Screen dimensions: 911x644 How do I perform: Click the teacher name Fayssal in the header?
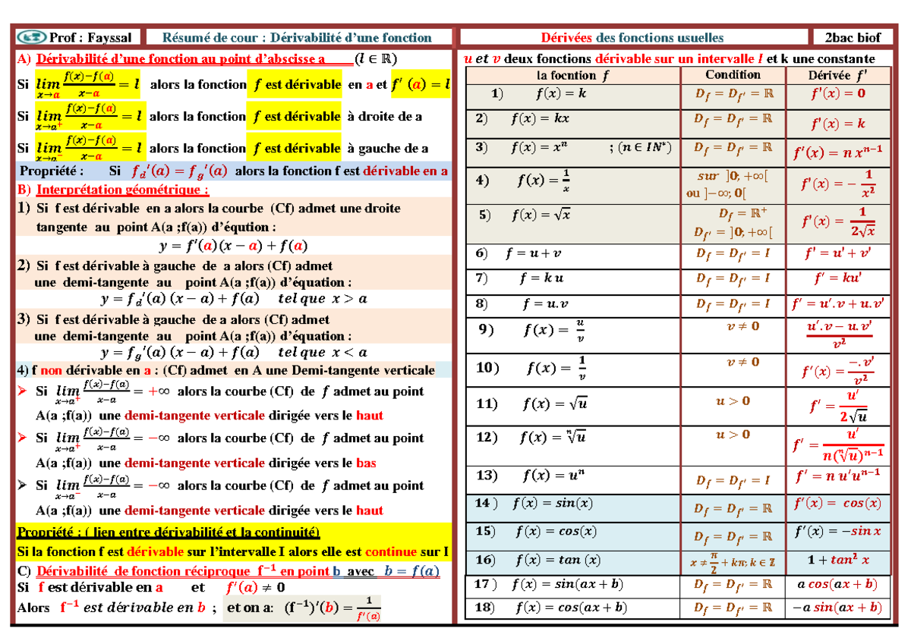(x=109, y=38)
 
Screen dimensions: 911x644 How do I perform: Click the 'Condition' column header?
(x=733, y=74)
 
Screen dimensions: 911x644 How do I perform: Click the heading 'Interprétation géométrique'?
(x=121, y=190)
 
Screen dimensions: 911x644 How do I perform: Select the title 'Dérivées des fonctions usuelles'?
(x=632, y=38)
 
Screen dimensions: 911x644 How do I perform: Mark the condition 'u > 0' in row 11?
(x=733, y=401)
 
